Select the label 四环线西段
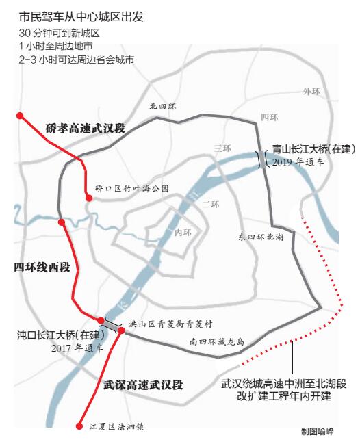(42, 266)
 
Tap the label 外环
(311, 91)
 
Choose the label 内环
(183, 233)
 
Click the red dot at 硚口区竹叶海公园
(88, 198)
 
